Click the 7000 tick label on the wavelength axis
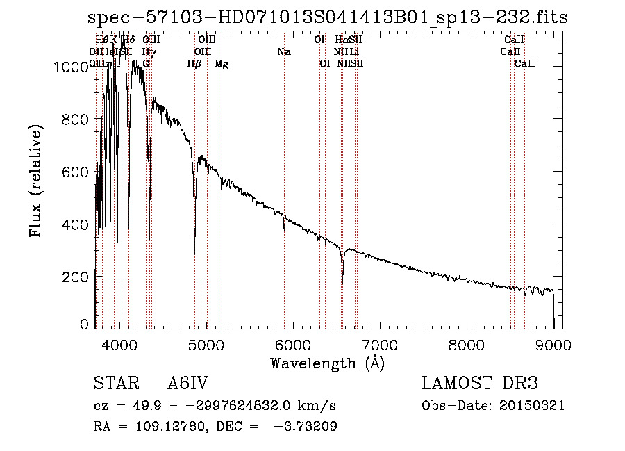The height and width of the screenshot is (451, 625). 379,345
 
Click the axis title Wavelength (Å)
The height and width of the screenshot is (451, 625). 327,362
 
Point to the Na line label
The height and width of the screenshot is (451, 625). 283,51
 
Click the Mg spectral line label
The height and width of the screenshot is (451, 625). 222,64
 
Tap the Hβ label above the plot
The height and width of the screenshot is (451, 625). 194,64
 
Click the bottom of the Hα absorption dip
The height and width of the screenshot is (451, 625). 342,281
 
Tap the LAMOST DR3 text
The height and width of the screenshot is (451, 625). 479,384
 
